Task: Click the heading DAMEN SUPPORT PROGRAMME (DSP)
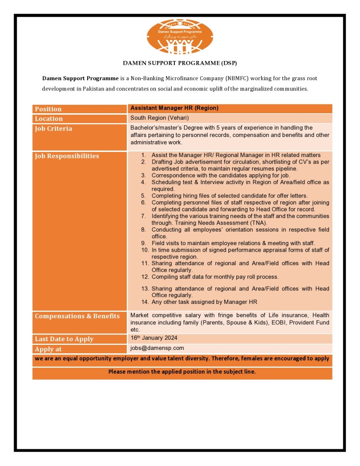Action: coord(180,62)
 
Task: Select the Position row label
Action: coord(48,109)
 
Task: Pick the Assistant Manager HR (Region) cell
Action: coord(174,108)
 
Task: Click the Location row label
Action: coord(48,119)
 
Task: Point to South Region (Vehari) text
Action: coord(159,118)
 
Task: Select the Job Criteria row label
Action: coord(53,129)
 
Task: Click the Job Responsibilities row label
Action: coord(67,156)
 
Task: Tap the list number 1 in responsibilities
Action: coord(144,155)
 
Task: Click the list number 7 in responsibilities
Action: coord(144,216)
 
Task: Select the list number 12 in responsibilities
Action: coord(145,277)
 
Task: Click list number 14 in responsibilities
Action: coord(145,302)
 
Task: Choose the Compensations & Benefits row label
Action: coord(77,316)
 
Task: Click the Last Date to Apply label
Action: coord(64,339)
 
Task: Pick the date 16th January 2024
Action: coord(153,338)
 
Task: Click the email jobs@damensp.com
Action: coord(157,348)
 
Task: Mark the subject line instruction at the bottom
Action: coord(182,372)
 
